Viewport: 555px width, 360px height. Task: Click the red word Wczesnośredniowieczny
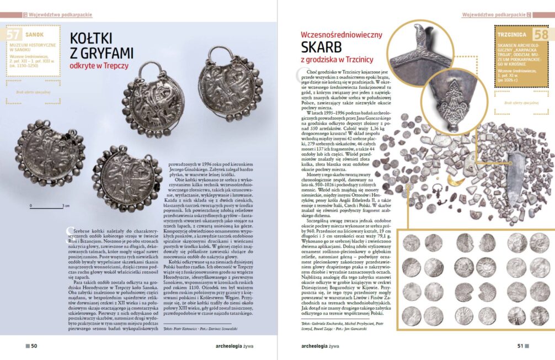(341, 34)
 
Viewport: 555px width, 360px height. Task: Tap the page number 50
(34, 346)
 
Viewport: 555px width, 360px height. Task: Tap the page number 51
(519, 346)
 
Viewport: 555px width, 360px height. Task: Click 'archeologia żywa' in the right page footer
(323, 346)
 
